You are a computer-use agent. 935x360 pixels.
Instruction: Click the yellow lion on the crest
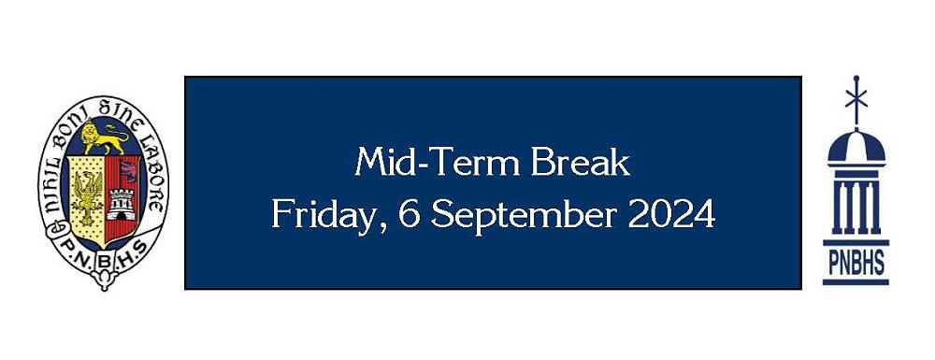(102, 139)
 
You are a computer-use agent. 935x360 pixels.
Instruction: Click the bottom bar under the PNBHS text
(856, 280)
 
